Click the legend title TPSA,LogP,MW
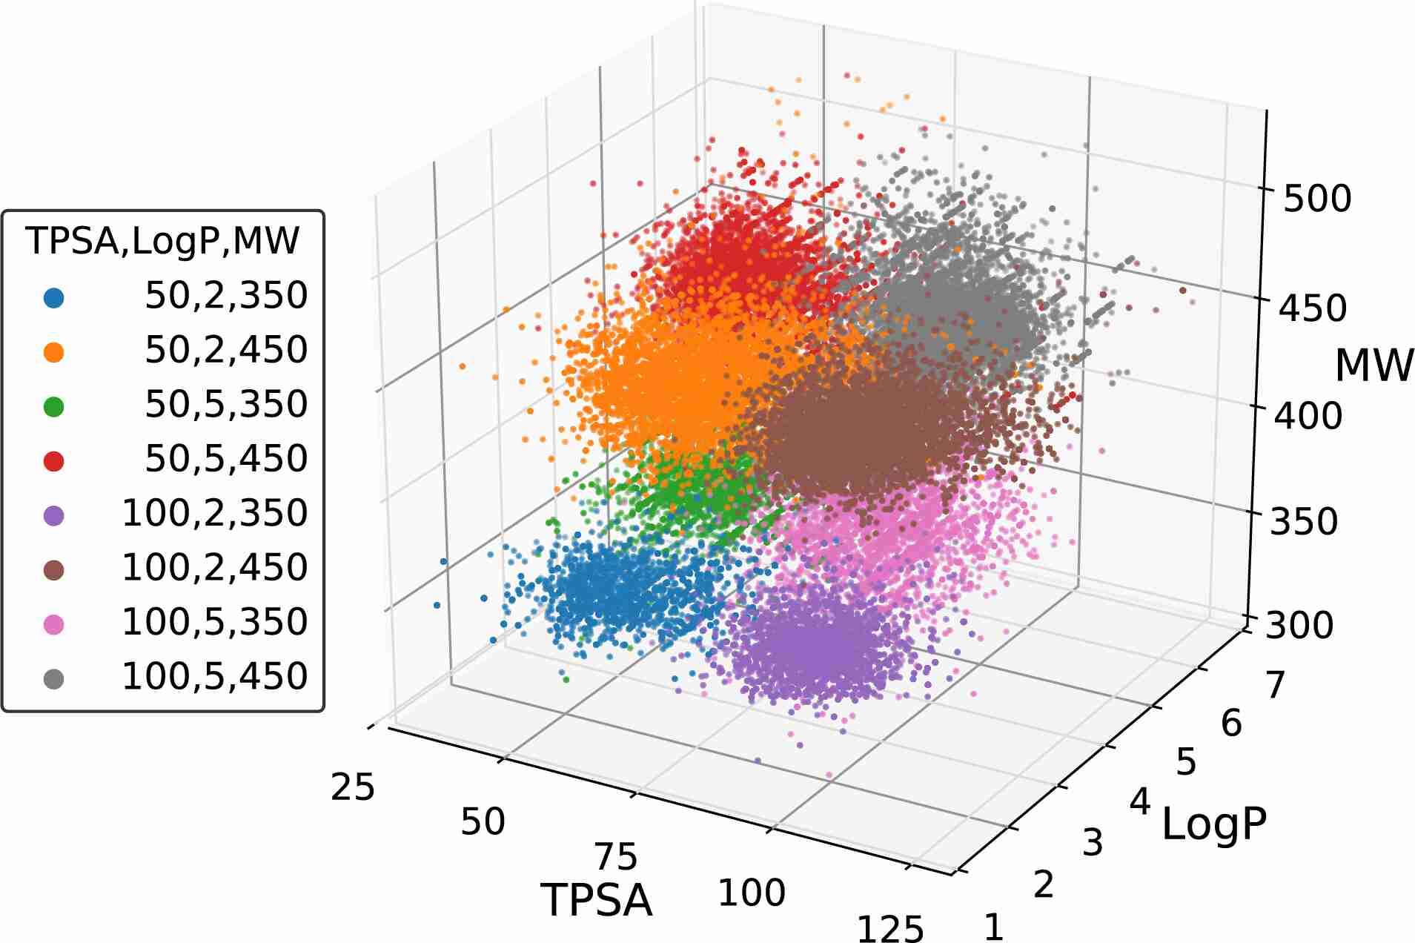tap(162, 241)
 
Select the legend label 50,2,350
tap(226, 295)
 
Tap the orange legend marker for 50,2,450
tap(54, 352)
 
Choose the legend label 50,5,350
tap(226, 404)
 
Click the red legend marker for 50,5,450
tap(54, 461)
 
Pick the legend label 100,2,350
tap(214, 513)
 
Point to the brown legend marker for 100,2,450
tap(54, 570)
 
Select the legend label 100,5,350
tap(214, 622)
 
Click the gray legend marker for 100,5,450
tap(54, 679)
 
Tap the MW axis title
tap(1373, 365)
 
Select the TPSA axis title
tap(597, 901)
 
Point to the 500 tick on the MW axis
tap(1317, 199)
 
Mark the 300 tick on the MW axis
tap(1299, 625)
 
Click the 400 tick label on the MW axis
tap(1308, 416)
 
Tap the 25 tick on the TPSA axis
tap(353, 787)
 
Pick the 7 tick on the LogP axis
tap(1275, 685)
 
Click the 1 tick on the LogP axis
tap(993, 927)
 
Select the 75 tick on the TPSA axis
tap(616, 857)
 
